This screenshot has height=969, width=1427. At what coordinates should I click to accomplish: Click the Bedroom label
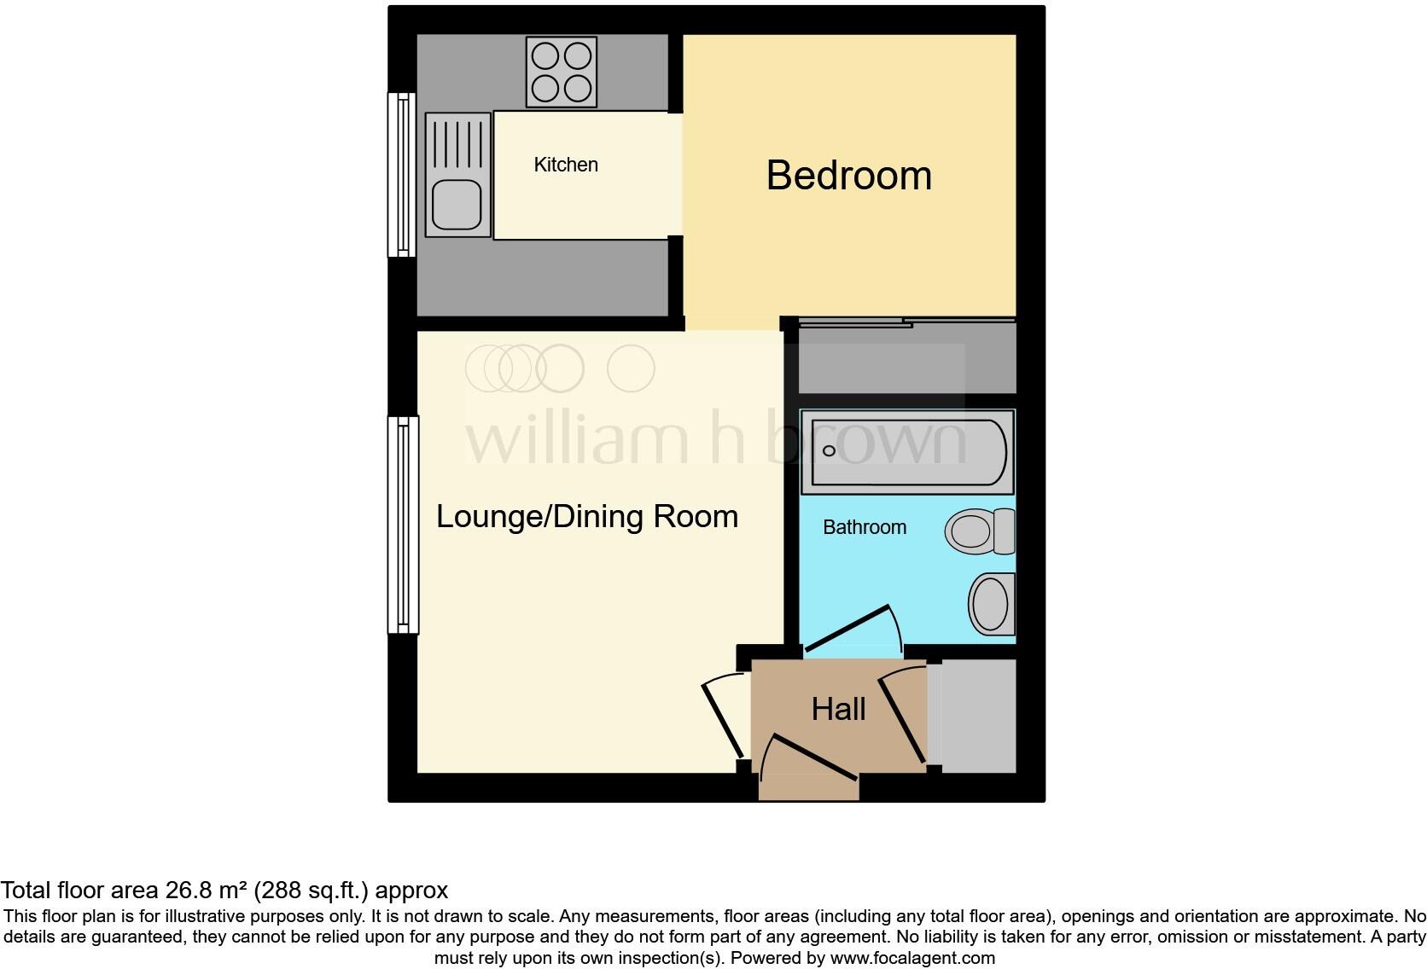848,176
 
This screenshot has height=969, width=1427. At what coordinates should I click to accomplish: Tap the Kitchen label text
566,165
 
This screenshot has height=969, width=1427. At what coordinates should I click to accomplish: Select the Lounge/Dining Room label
587,517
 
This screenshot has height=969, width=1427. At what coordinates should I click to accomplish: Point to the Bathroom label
864,527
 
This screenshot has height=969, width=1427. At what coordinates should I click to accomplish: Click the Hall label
838,709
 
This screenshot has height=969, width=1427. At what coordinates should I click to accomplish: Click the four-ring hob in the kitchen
561,73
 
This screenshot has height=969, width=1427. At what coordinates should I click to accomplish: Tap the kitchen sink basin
457,206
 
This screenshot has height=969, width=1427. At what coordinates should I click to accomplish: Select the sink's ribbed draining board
458,144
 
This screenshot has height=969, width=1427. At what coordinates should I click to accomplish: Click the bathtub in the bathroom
907,452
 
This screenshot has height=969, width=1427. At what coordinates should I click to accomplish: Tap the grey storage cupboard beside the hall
973,716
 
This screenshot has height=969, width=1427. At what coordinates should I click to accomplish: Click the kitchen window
401,175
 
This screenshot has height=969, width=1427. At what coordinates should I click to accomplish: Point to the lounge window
403,525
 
